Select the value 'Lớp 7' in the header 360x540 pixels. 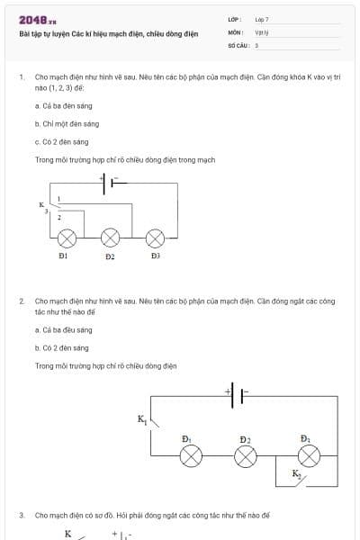[262, 19]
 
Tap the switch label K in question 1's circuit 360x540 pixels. [41, 205]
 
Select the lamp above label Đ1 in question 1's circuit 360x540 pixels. [67, 237]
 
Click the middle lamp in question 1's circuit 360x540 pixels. [110, 237]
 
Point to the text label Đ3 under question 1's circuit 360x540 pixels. [155, 256]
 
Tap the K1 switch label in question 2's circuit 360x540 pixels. [141, 419]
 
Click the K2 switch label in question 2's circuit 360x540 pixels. [297, 473]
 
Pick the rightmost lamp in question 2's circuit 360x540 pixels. [309, 455]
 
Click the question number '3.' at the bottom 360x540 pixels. [22, 515]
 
